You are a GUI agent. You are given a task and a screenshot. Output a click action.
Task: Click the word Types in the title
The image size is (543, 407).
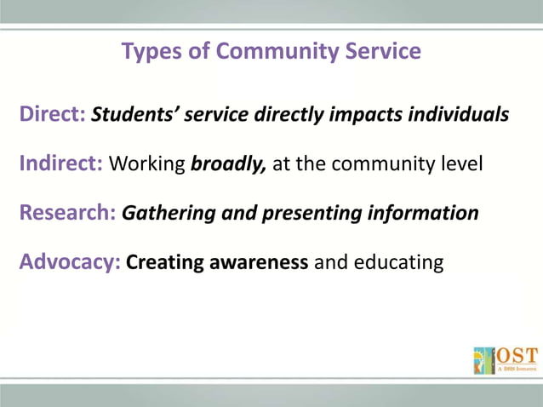click(151, 52)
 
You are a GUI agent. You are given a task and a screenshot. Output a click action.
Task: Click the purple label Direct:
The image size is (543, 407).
click(52, 114)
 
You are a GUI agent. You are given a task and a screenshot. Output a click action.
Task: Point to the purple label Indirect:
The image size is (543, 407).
click(61, 163)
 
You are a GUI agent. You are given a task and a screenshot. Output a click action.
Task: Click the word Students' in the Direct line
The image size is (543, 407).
click(132, 114)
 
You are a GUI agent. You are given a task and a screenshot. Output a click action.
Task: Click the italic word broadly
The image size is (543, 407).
click(228, 163)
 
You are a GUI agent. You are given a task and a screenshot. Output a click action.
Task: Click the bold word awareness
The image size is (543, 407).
click(259, 262)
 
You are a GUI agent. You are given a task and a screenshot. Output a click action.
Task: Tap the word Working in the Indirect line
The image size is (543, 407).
click(146, 163)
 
